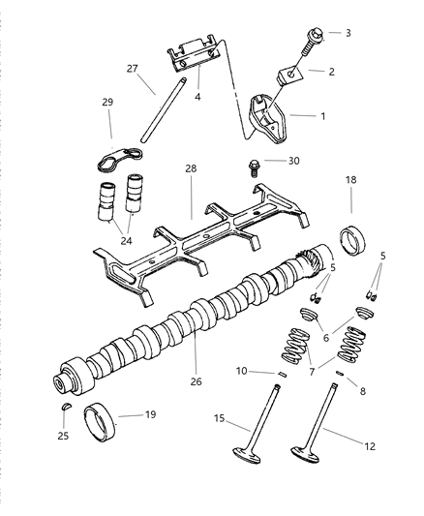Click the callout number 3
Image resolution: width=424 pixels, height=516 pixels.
pyautogui.click(x=348, y=33)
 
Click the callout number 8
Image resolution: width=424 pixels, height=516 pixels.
pyautogui.click(x=362, y=391)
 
